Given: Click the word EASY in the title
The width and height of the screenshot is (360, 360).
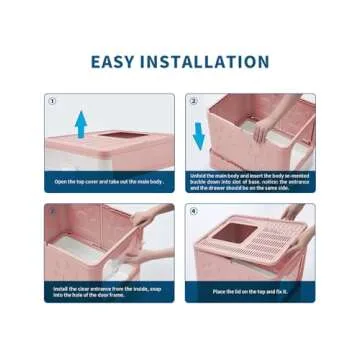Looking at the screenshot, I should [117, 62].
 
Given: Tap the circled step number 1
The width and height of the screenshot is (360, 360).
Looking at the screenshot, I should [52, 101].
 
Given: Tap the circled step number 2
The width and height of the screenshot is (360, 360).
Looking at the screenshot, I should [193, 101].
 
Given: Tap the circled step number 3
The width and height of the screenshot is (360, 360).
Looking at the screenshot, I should [52, 211].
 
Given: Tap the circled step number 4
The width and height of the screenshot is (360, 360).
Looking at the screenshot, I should [193, 211].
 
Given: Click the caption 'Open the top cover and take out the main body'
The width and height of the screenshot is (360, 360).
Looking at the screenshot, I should [108, 181].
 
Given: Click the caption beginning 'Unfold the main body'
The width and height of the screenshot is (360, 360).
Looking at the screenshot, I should [250, 181].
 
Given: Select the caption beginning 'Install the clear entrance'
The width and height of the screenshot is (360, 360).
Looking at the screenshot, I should [108, 291].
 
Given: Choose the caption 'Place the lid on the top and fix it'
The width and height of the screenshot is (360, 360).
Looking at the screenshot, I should [250, 291].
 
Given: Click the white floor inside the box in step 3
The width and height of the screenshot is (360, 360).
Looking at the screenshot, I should [80, 250].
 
